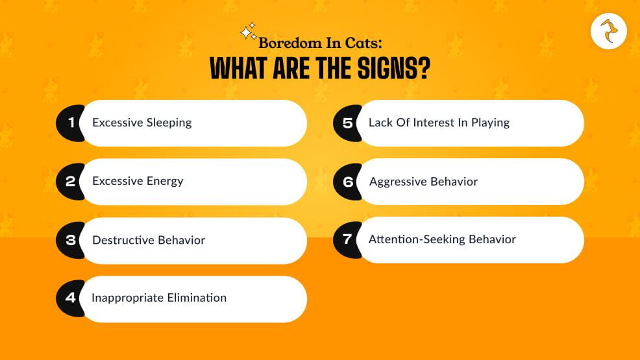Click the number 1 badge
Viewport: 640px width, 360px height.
click(71, 123)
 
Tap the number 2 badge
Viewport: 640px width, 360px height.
click(71, 182)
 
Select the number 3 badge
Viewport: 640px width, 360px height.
click(71, 240)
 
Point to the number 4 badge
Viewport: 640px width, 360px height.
click(71, 298)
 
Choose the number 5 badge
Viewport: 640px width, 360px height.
click(347, 123)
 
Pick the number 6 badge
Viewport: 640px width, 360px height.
click(347, 182)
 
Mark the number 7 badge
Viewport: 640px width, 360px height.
click(347, 239)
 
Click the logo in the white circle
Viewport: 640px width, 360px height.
click(609, 31)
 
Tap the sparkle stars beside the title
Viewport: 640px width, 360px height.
click(248, 32)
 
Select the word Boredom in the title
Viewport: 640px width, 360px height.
click(289, 43)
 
